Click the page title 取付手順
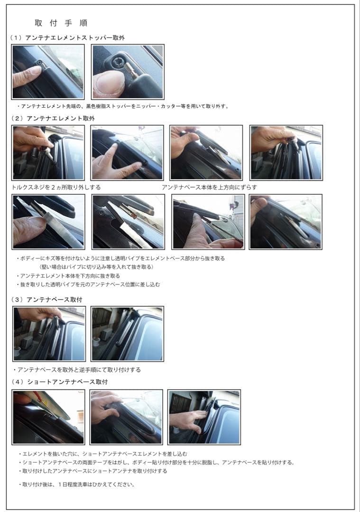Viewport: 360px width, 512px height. tap(61, 23)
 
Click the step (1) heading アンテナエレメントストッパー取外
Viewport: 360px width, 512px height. tap(67, 38)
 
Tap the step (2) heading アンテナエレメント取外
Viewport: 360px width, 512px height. tap(53, 118)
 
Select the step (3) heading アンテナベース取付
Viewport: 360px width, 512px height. tap(46, 300)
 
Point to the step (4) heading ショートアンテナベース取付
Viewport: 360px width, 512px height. tap(59, 382)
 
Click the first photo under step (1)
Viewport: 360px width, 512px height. tap(48, 72)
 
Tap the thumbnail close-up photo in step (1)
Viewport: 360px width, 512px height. tap(128, 72)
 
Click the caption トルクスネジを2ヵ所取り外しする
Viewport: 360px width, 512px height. tap(56, 187)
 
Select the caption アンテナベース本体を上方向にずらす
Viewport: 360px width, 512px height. tap(209, 187)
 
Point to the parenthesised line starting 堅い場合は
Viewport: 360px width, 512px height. tap(96, 267)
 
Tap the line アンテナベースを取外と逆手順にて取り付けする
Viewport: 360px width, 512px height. tap(77, 370)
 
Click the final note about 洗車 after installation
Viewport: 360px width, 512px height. tap(77, 485)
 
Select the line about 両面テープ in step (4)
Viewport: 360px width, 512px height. tap(157, 462)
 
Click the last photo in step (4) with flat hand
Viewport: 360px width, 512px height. tap(204, 417)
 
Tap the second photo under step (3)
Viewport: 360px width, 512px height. tap(127, 334)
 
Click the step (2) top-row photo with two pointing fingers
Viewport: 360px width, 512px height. tap(127, 153)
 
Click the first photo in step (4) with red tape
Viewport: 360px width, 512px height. tap(48, 417)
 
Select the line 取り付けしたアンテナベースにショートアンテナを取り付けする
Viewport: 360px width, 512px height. tap(93, 471)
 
